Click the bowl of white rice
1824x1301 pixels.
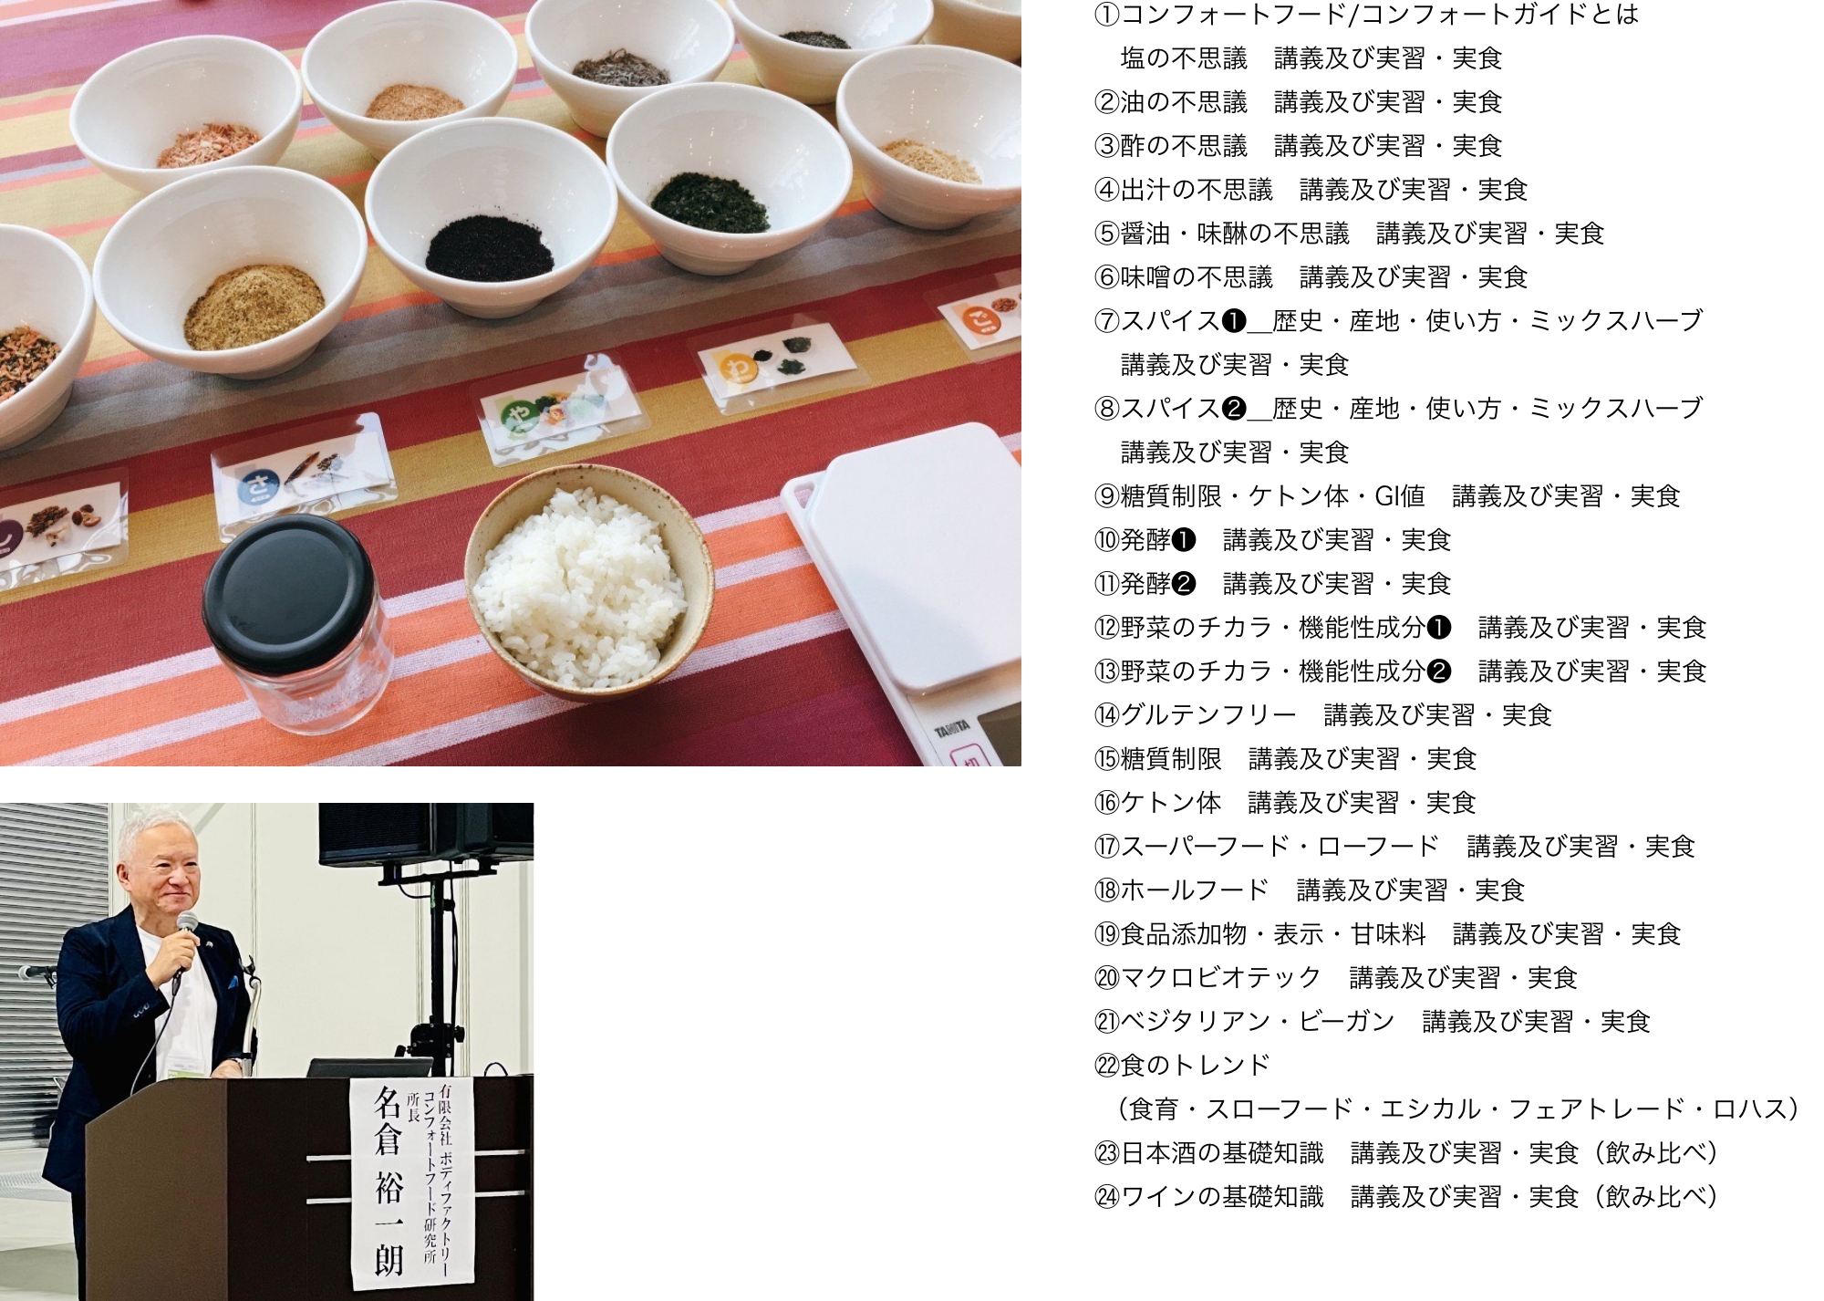588,584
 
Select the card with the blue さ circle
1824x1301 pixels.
301,479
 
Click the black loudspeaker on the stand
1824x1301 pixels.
425,834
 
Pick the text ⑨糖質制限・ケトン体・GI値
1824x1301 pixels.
1259,496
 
